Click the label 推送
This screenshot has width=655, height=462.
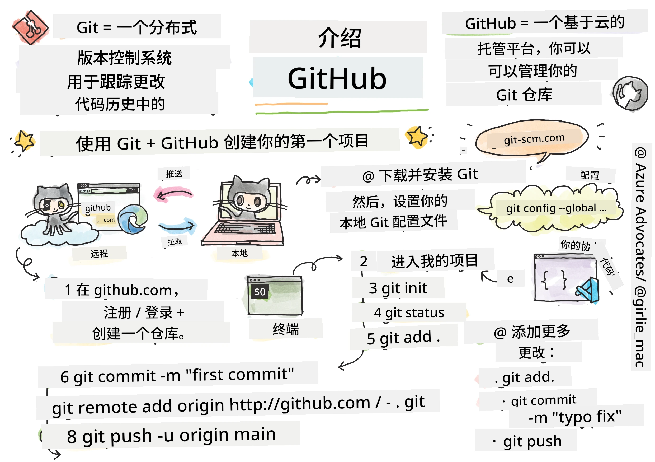174,174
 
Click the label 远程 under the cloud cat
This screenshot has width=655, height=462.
99,253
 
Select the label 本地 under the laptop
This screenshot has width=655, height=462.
240,253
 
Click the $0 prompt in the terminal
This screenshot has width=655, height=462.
260,292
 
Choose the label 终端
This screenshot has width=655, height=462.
286,329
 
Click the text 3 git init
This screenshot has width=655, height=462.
398,288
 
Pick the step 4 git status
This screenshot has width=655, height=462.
409,313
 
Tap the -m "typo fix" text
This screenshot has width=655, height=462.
575,417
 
